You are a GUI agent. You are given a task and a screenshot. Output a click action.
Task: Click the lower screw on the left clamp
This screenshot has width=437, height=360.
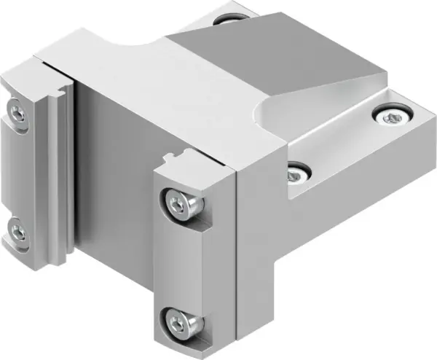tap(19, 233)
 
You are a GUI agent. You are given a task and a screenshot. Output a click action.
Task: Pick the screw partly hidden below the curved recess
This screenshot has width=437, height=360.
tap(295, 173)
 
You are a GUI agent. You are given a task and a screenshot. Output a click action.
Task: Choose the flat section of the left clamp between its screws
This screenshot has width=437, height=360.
tap(20, 171)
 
